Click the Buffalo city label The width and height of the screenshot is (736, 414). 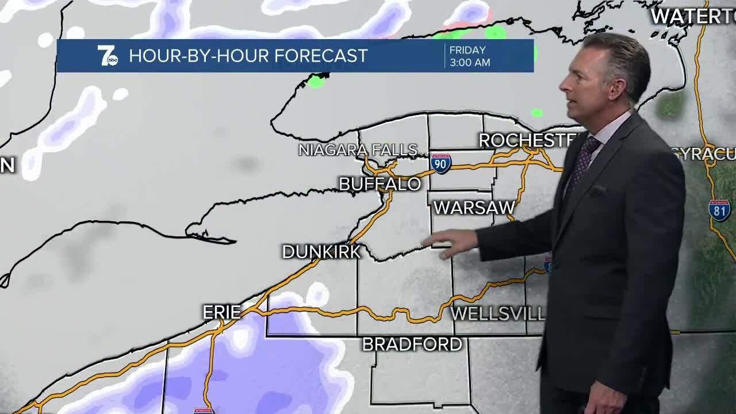pyautogui.click(x=379, y=184)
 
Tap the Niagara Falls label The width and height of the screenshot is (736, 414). pyautogui.click(x=358, y=150)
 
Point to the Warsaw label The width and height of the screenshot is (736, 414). pyautogui.click(x=474, y=208)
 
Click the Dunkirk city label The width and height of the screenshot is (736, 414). pyautogui.click(x=321, y=252)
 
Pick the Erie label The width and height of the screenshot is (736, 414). pyautogui.click(x=221, y=312)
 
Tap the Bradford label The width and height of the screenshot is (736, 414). pyautogui.click(x=412, y=344)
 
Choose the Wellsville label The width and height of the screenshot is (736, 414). pyautogui.click(x=497, y=313)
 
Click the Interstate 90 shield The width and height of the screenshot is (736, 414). pyautogui.click(x=440, y=164)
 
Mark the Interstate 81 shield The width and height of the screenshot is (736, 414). pyautogui.click(x=719, y=210)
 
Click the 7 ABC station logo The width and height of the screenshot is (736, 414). pyautogui.click(x=107, y=56)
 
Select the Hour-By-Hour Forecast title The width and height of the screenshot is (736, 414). pyautogui.click(x=248, y=56)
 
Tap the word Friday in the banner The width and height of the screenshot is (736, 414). pyautogui.click(x=467, y=50)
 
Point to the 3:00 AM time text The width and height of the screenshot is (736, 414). pyautogui.click(x=470, y=63)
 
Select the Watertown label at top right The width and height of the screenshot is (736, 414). pyautogui.click(x=693, y=16)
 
